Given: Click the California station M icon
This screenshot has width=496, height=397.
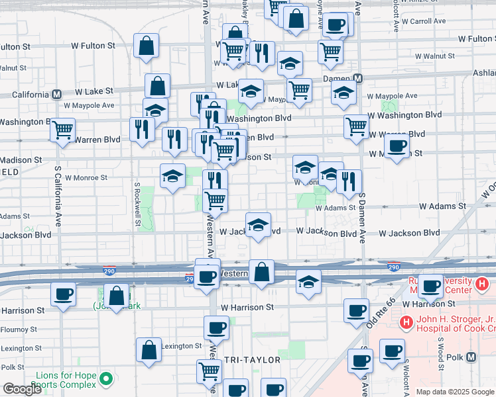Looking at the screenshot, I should [57, 94].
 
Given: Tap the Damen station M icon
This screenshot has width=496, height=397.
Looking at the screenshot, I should [358, 78].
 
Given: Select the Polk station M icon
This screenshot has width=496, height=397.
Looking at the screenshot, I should [471, 357].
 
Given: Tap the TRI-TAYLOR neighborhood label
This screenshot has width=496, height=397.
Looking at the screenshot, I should [253, 359].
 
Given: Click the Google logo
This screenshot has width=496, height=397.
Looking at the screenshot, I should [22, 389].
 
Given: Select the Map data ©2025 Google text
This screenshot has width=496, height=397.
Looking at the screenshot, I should [456, 392].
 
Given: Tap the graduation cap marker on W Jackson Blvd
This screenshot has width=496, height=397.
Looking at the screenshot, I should [258, 224].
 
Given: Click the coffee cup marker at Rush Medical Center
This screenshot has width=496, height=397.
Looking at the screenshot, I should [431, 286].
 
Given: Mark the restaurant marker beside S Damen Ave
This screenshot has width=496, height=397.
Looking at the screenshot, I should [349, 181].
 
